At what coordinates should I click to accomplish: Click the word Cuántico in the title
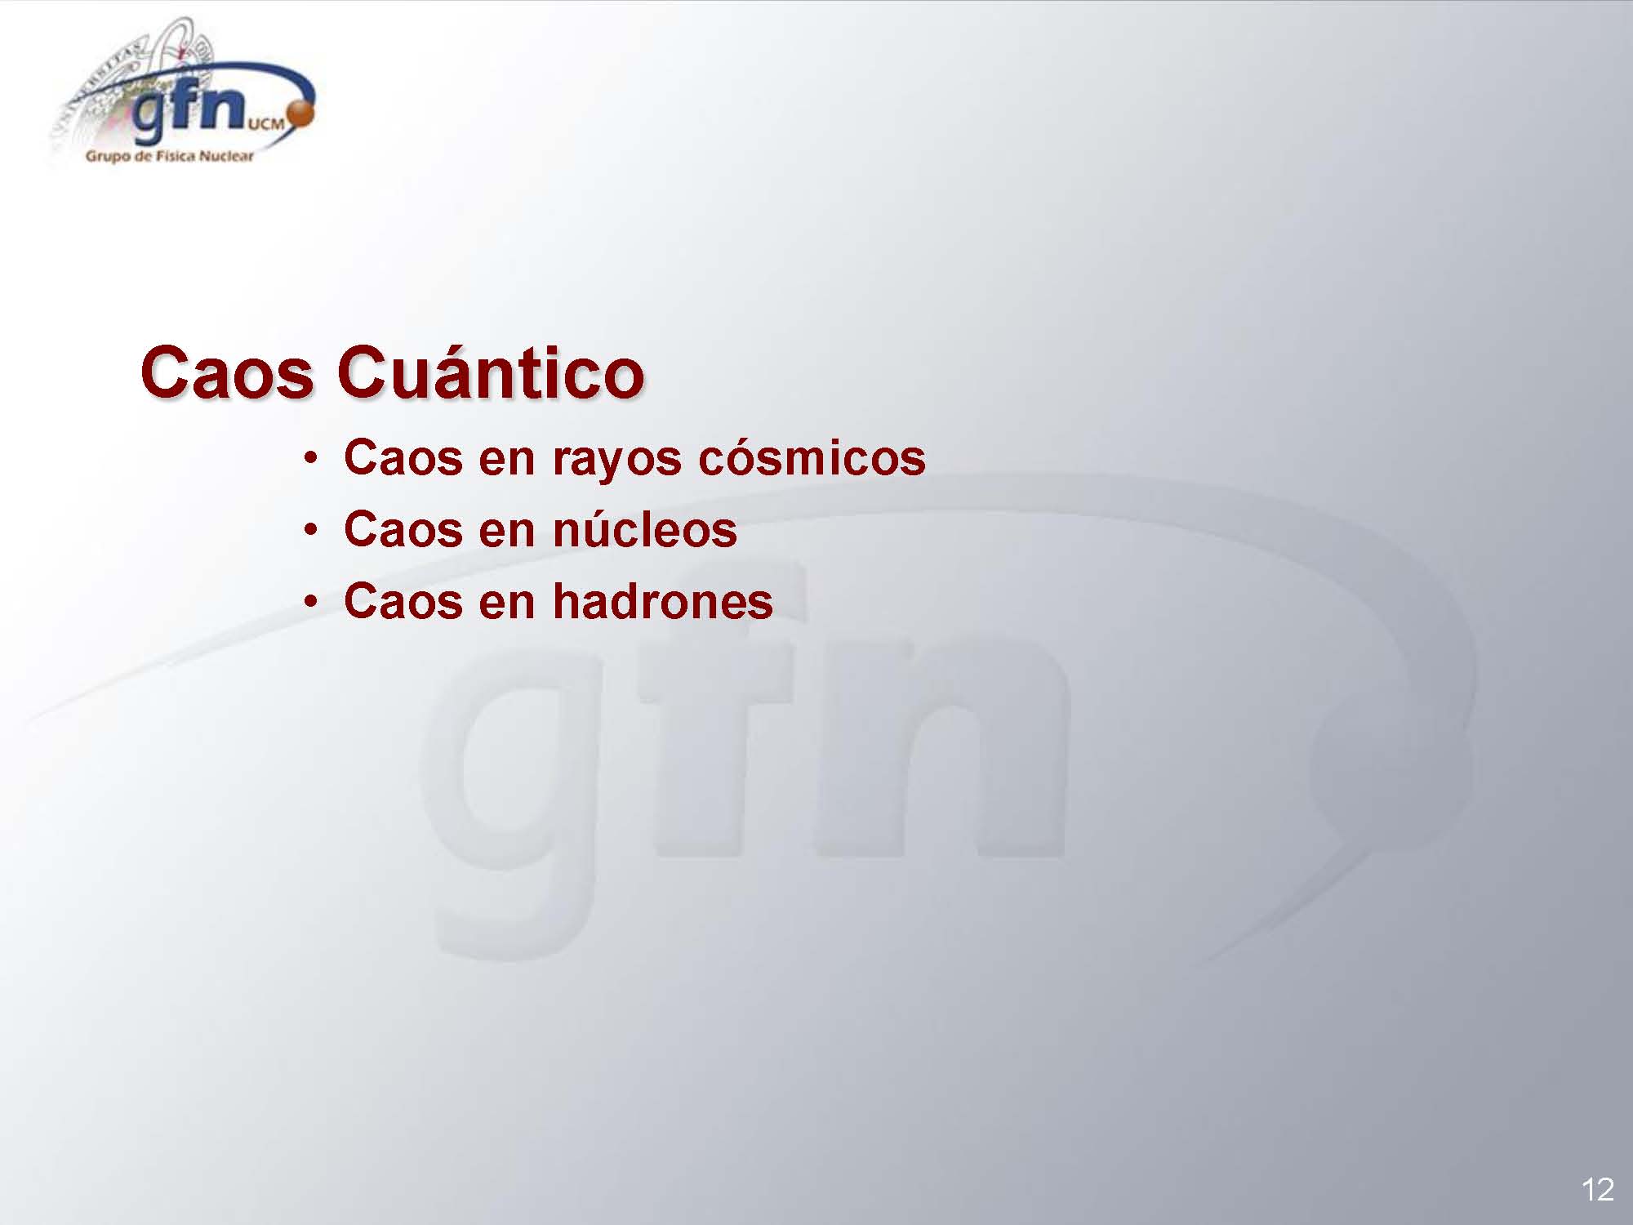click(x=491, y=373)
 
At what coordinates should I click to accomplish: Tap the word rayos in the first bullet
click(x=616, y=460)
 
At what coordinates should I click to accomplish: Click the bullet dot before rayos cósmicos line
click(x=310, y=460)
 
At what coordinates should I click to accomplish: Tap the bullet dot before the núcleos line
click(x=310, y=532)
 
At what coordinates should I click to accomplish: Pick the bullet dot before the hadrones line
click(x=310, y=604)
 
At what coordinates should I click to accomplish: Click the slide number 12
click(x=1598, y=1189)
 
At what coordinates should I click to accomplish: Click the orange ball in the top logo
click(x=302, y=115)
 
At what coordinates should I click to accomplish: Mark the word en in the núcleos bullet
click(x=506, y=532)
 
